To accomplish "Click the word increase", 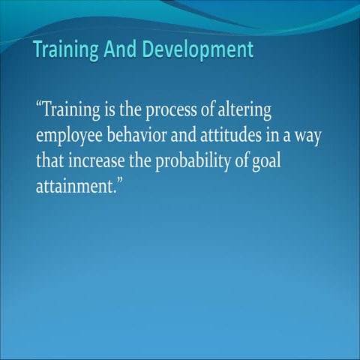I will (x=94, y=161).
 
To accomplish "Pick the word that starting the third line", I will (x=49, y=161).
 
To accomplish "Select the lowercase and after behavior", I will (x=193, y=136).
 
